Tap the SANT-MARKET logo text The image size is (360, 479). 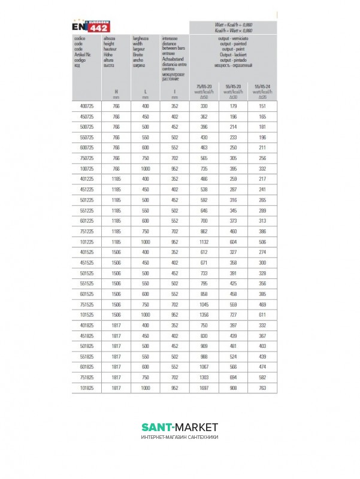coord(180,427)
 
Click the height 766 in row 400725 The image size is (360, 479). coord(116,106)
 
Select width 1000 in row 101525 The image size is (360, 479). coord(146,314)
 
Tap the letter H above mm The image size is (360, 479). coord(116,91)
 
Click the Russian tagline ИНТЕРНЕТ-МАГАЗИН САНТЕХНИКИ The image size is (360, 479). coord(180,437)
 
